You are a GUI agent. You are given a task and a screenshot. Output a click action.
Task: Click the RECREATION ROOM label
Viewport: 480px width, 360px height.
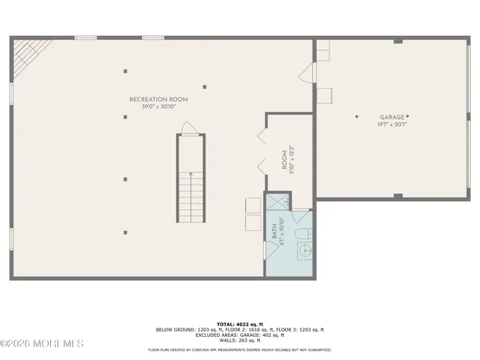point(158,99)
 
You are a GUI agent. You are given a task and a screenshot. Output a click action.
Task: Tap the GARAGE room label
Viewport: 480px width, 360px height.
point(391,117)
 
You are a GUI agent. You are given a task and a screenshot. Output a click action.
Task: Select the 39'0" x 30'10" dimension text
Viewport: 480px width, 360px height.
point(158,106)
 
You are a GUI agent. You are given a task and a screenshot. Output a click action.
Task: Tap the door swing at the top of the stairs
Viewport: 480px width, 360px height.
point(190,127)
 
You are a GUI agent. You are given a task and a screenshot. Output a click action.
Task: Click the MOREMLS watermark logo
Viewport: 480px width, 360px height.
point(43,343)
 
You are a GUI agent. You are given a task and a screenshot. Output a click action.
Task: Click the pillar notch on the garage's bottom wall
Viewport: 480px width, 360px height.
point(398,196)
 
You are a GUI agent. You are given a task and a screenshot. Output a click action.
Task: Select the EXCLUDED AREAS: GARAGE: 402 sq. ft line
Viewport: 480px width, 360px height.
point(239,335)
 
